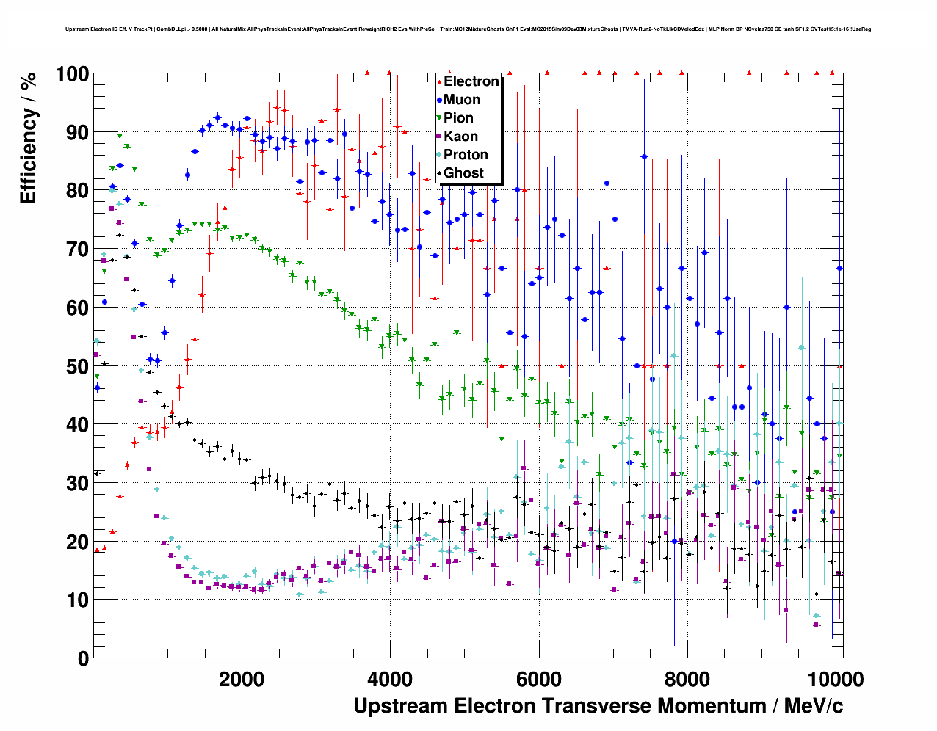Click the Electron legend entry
point(471,81)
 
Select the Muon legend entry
point(462,100)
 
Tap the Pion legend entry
point(458,118)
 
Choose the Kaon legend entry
point(460,137)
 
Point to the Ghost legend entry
point(463,173)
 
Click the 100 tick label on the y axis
point(72,74)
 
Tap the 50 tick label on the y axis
point(78,366)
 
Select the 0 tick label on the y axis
point(84,658)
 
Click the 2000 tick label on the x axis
point(242,680)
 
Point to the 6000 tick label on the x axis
point(538,680)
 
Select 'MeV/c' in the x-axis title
point(814,706)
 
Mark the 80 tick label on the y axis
point(78,191)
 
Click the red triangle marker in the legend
point(439,81)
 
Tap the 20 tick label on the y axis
point(78,542)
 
